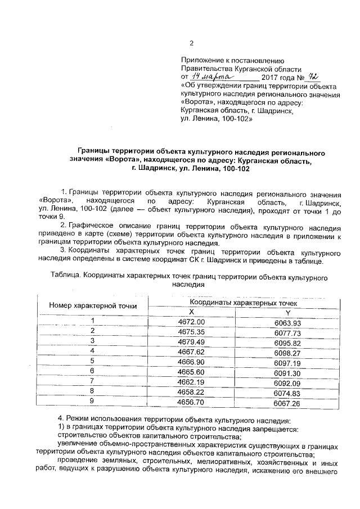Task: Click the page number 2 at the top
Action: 191,44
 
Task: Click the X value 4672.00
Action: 191,321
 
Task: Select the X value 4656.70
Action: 191,403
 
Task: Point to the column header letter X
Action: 191,312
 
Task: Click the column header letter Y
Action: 288,313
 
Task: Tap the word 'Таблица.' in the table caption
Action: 66,277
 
